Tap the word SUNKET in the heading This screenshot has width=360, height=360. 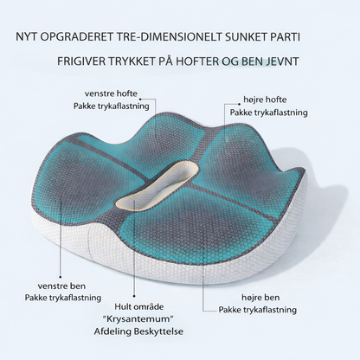(245, 37)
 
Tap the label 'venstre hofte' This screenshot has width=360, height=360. (111, 93)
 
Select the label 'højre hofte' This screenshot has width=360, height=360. (265, 100)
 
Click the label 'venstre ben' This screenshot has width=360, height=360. (61, 286)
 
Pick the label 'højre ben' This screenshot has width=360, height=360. (260, 298)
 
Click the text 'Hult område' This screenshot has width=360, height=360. (139, 306)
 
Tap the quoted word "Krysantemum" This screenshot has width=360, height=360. (139, 318)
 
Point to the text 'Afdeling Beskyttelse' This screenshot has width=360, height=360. (138, 331)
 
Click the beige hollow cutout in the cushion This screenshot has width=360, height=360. (158, 184)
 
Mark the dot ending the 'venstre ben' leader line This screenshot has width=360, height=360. (61, 277)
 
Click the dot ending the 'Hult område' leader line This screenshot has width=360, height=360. (134, 296)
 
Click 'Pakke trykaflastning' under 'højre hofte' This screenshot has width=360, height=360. (268, 112)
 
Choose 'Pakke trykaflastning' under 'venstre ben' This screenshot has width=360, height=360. (63, 298)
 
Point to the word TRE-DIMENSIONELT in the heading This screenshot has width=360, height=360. (164, 37)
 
